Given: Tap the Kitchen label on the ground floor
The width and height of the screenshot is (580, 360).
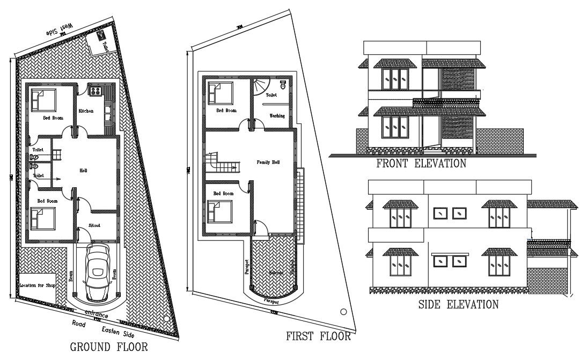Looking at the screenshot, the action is point(86,111).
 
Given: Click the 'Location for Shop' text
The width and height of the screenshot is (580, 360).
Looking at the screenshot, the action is point(38,285).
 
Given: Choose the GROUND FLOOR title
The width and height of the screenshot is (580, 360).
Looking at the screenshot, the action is point(109,347).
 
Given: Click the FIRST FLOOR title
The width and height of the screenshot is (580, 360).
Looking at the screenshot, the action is point(318,337).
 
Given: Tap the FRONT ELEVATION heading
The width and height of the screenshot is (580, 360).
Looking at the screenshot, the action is point(421,164).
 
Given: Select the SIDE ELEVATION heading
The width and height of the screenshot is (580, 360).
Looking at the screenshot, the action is point(458,305).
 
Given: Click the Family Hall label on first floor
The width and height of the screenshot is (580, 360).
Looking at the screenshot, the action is point(268,162).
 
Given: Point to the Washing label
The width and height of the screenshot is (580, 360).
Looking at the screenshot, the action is point(277,115).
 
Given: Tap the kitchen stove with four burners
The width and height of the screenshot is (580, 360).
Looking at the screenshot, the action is point(96,90).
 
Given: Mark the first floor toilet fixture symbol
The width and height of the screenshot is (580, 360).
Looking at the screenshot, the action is point(282,86).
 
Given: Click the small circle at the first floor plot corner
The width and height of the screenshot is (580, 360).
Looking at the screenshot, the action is point(343,312).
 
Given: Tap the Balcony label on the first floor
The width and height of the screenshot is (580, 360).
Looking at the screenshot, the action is point(277,273).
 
